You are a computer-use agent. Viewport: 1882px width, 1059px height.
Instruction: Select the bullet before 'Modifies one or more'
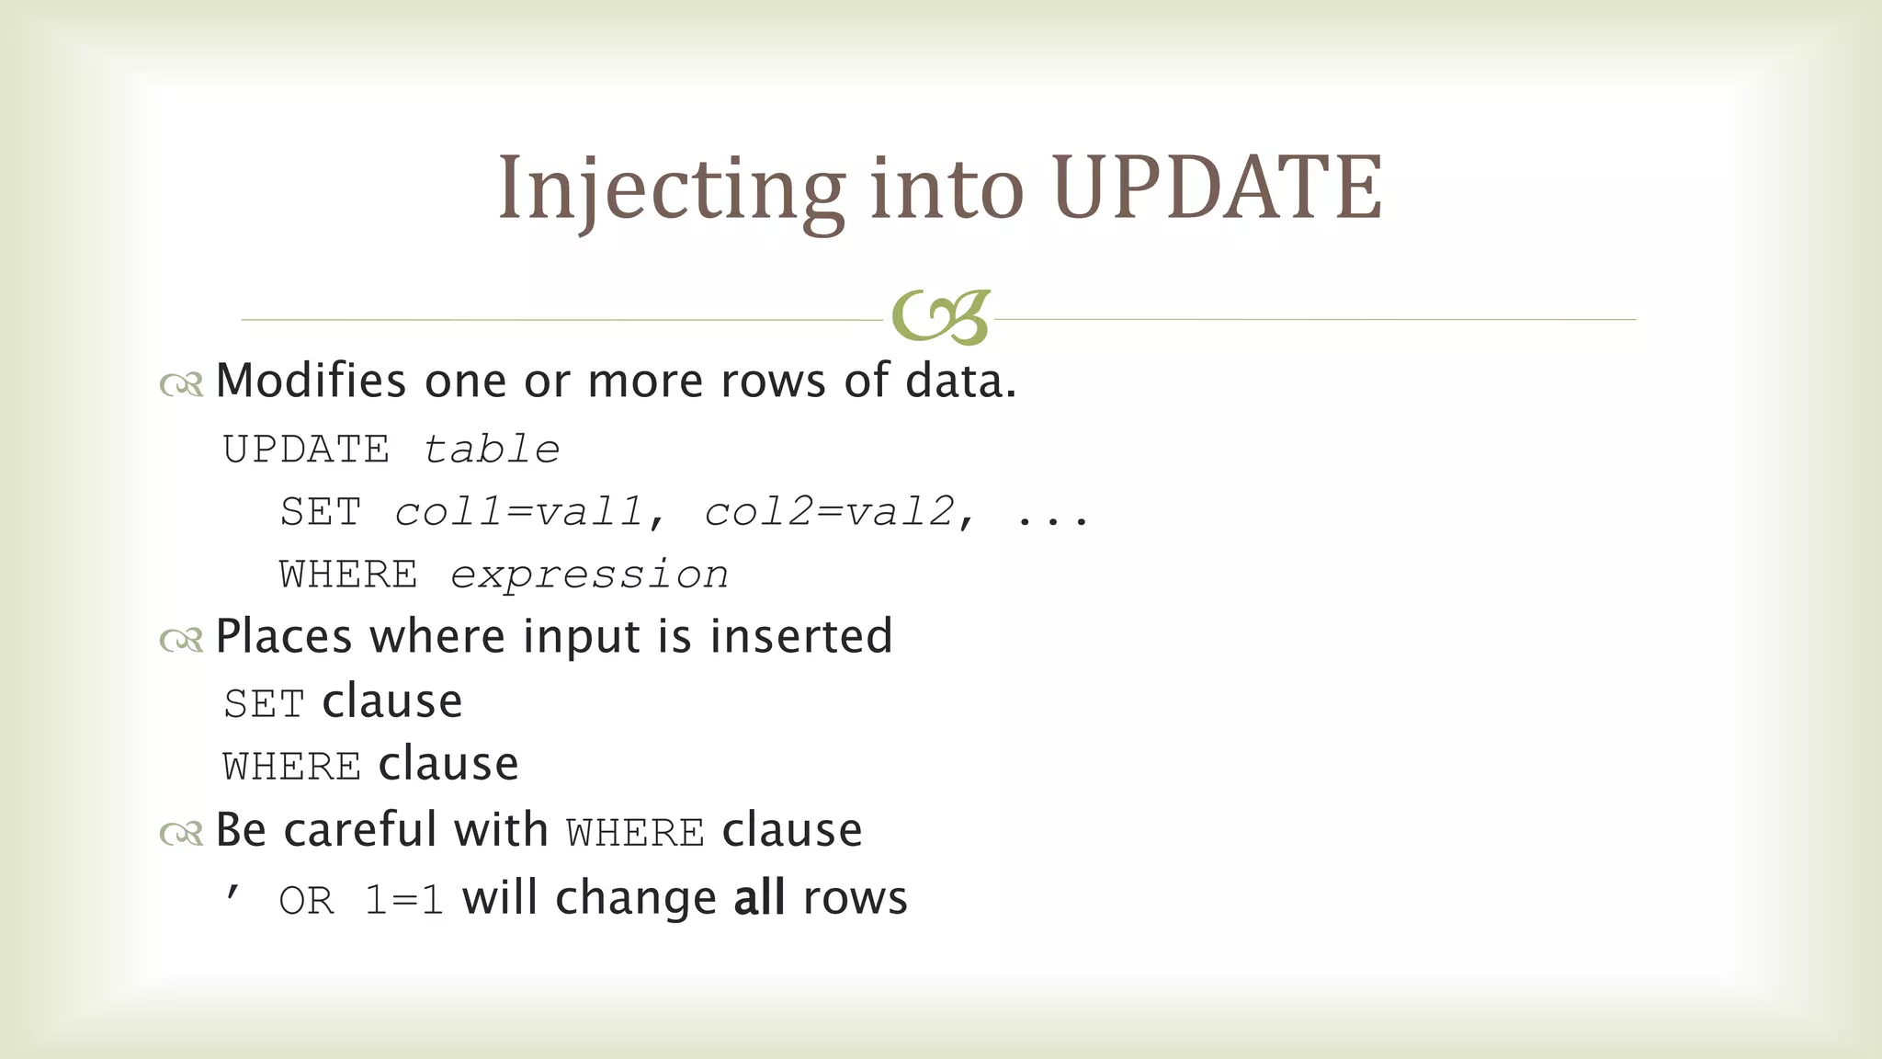click(181, 384)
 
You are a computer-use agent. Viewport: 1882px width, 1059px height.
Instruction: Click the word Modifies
click(311, 381)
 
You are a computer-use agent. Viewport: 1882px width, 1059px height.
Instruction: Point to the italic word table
click(491, 450)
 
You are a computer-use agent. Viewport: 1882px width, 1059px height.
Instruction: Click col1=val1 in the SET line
click(518, 512)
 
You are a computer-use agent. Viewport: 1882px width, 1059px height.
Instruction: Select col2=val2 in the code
click(829, 512)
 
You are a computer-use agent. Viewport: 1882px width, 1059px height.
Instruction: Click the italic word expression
click(589, 575)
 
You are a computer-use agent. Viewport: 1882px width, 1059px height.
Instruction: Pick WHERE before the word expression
click(348, 575)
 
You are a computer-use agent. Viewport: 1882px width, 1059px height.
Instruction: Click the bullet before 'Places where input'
click(181, 640)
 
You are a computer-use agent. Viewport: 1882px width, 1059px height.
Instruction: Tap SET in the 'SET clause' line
click(264, 704)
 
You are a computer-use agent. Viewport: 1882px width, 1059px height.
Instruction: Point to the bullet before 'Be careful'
click(181, 834)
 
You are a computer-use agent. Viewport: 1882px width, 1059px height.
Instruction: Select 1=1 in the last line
click(403, 900)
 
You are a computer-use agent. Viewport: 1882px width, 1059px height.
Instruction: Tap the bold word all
click(759, 897)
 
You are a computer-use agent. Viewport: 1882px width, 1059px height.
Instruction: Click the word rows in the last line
click(855, 898)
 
